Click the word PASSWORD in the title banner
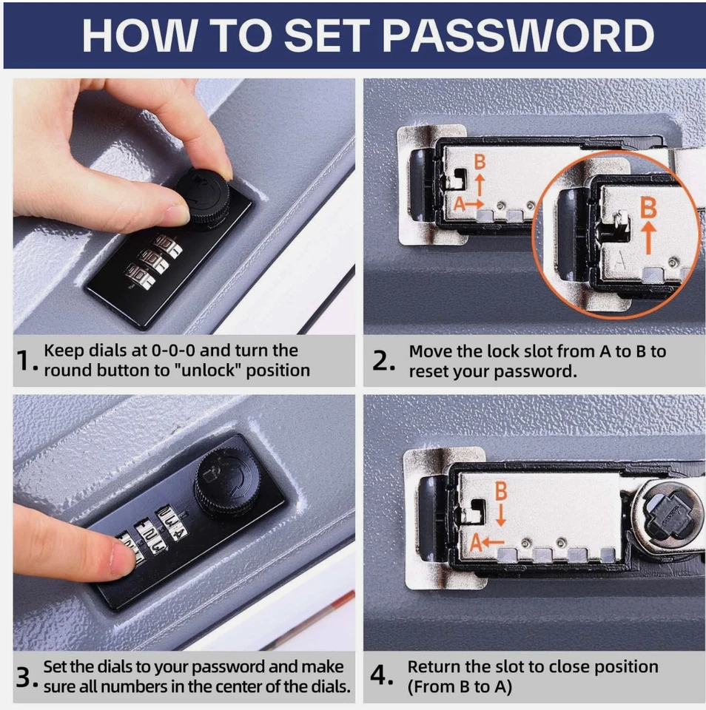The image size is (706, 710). click(518, 35)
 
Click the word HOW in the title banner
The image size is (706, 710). click(139, 35)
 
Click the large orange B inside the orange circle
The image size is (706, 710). click(648, 208)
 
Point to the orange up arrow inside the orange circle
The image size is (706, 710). click(649, 237)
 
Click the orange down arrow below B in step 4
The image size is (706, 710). click(501, 515)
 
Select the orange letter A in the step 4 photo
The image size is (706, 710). click(475, 542)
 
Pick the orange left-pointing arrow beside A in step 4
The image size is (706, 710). click(493, 541)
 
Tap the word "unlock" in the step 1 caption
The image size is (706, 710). click(211, 371)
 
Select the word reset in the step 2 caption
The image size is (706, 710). click(428, 372)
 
